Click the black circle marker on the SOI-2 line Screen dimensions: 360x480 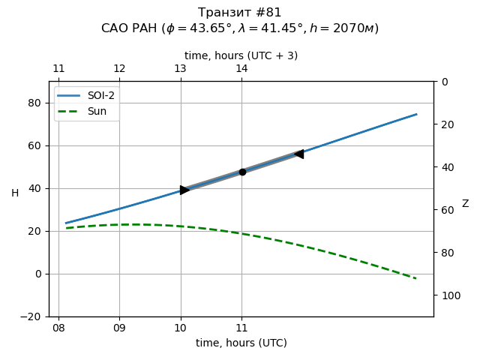[x=242, y=172]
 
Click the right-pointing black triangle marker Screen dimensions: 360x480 [x=184, y=190]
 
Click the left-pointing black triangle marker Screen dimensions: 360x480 [x=298, y=154]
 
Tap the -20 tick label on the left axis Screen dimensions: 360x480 [x=34, y=316]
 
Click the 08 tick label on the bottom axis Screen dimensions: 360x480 [x=58, y=328]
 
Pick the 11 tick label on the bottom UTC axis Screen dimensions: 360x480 [x=241, y=328]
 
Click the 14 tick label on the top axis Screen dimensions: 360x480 [x=241, y=69]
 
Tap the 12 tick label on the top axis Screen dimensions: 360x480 [x=119, y=69]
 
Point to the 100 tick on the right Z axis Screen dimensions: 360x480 [x=449, y=295]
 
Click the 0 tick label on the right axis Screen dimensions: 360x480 [x=444, y=82]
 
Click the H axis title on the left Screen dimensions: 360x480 [x=15, y=193]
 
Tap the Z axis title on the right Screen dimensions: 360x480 [x=465, y=204]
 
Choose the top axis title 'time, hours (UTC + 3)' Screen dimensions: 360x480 [x=241, y=55]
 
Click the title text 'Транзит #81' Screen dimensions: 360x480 [x=240, y=13]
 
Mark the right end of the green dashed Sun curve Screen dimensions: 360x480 [x=415, y=278]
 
